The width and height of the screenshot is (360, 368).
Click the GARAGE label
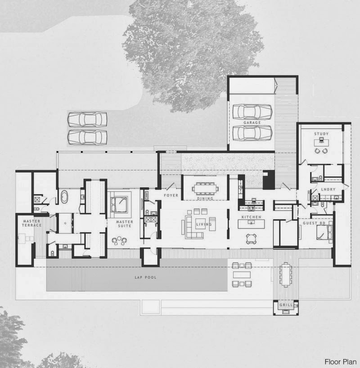[252, 122]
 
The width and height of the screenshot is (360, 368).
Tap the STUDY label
[321, 134]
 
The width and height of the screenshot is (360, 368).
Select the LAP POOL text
[146, 277]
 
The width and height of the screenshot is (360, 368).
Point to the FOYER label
[171, 195]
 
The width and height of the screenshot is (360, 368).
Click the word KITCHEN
[251, 217]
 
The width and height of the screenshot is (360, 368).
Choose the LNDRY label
[328, 189]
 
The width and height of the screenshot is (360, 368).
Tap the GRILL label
[286, 305]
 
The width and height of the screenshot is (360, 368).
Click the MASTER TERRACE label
[31, 223]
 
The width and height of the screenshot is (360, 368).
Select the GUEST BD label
[314, 223]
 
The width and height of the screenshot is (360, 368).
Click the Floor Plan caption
[341, 362]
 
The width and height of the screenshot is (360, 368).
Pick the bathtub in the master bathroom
[64, 197]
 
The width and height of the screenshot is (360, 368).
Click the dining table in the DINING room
[205, 188]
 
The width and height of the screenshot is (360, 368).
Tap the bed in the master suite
[119, 204]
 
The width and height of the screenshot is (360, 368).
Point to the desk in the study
[321, 142]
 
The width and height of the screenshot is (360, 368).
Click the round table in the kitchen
[251, 239]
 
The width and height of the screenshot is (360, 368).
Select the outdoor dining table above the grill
[286, 274]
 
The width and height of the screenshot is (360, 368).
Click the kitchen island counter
[251, 224]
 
